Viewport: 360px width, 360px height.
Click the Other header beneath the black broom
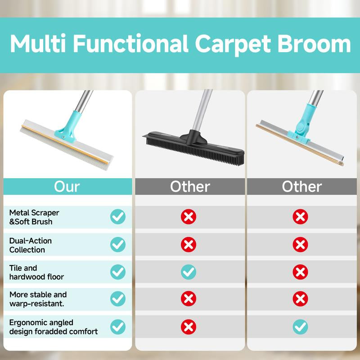tap(190, 186)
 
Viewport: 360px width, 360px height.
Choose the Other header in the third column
tap(301, 186)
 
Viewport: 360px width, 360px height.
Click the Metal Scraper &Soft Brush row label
tap(34, 217)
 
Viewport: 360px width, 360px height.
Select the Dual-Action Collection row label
tap(31, 245)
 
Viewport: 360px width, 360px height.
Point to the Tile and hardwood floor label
tap(36, 272)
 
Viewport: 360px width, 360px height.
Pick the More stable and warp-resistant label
tap(38, 299)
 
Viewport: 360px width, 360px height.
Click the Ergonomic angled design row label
tap(54, 327)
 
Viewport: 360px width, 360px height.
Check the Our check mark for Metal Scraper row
tap(118, 217)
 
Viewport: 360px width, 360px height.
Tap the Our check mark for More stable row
tap(118, 299)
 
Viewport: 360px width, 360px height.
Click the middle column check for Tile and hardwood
tap(189, 271)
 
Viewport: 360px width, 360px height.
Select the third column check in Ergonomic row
tap(300, 327)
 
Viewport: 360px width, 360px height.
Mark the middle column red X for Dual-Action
tap(189, 244)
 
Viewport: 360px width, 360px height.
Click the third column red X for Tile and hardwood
tap(300, 271)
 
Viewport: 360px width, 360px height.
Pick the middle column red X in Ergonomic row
tap(189, 327)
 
